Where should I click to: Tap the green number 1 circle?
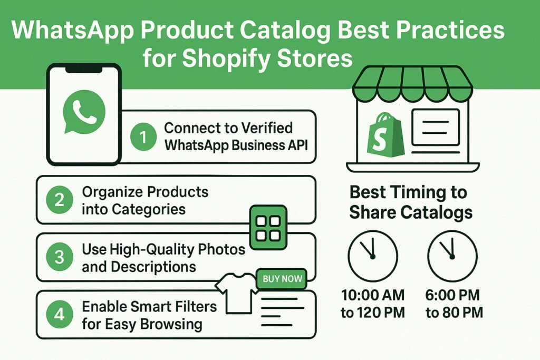pyautogui.click(x=143, y=137)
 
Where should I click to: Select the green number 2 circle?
pyautogui.click(x=60, y=200)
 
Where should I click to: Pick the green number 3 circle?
pyautogui.click(x=60, y=257)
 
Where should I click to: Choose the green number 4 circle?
pyautogui.click(x=60, y=314)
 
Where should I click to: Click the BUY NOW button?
pyautogui.click(x=282, y=279)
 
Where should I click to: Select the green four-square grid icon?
pyautogui.click(x=268, y=228)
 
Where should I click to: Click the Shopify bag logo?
pyautogui.click(x=385, y=134)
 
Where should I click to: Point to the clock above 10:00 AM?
pyautogui.click(x=373, y=256)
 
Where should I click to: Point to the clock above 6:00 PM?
pyautogui.click(x=452, y=256)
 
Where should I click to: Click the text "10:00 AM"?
pyautogui.click(x=373, y=295)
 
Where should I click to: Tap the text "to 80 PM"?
pyautogui.click(x=454, y=313)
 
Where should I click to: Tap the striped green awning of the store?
pyautogui.click(x=412, y=84)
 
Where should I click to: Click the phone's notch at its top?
pyautogui.click(x=84, y=69)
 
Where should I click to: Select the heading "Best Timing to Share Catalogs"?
pyautogui.click(x=411, y=202)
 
